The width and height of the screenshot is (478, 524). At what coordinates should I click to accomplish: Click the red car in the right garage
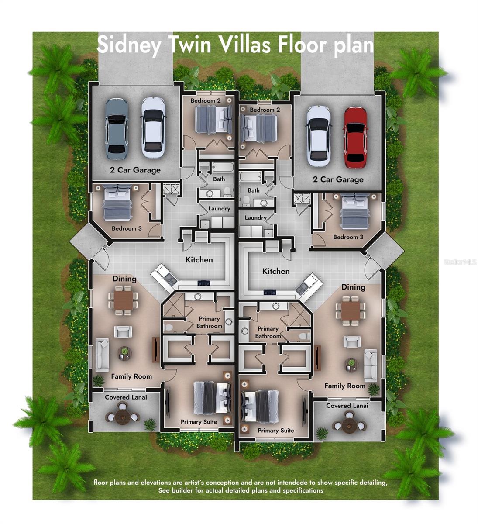point(355,137)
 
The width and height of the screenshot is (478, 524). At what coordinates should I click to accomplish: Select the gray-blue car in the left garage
point(117,128)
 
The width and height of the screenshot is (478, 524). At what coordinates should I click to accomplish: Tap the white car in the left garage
point(153,127)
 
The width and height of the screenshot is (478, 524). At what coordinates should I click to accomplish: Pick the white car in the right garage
point(318,136)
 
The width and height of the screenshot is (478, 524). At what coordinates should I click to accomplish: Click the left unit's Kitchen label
point(199,260)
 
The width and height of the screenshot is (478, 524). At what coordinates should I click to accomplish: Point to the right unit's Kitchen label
point(276,271)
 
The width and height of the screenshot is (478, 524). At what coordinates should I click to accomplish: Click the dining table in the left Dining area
point(123,300)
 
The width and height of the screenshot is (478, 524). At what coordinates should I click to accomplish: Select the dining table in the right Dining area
point(351,310)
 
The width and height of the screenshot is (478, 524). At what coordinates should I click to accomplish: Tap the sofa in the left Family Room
point(102,354)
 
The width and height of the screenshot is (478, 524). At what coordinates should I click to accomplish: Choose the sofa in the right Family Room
point(371,365)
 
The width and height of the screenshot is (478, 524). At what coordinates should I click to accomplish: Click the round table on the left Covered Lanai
point(122,416)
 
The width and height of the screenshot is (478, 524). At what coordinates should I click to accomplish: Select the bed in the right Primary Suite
point(260,406)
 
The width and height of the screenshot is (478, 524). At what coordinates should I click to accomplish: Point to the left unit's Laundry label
point(219,209)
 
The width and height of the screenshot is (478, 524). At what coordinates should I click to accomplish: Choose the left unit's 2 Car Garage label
point(135,170)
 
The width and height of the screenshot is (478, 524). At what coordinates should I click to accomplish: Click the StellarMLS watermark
point(460,262)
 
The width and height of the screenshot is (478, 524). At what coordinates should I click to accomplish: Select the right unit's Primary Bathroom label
point(268,332)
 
